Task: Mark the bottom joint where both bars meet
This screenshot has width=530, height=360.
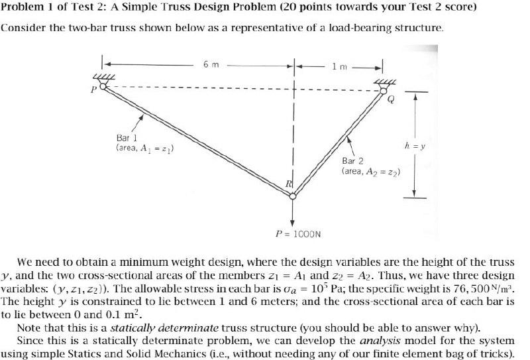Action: (x=292, y=195)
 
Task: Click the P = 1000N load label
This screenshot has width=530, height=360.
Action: (x=298, y=233)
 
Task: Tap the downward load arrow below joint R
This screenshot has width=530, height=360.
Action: (x=292, y=212)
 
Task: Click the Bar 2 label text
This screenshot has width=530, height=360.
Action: (x=352, y=160)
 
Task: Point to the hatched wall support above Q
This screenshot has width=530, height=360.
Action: (x=384, y=82)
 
